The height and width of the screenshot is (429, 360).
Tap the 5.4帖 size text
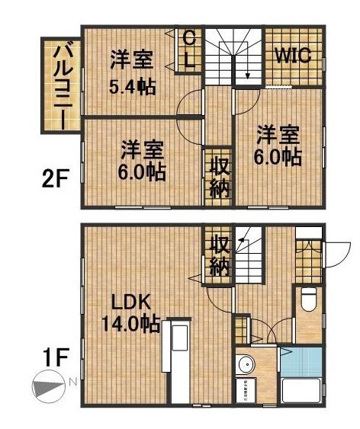[131, 86]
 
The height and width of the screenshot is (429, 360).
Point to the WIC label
[293, 56]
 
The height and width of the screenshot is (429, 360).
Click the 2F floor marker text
[56, 181]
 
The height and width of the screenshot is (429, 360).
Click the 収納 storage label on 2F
[219, 178]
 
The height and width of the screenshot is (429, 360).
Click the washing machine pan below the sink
[248, 389]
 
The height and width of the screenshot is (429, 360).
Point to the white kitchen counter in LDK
[180, 363]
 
